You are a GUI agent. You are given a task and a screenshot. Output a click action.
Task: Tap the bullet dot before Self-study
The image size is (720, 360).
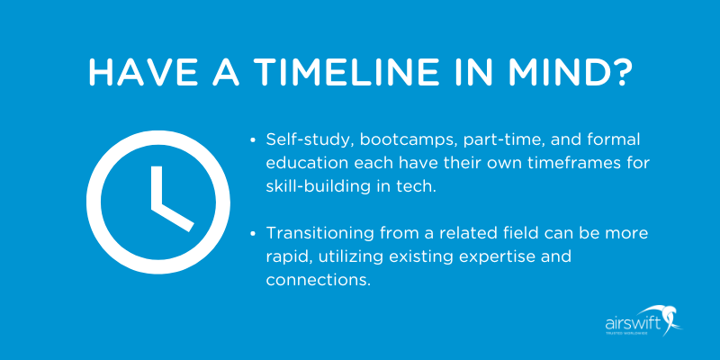pyautogui.click(x=254, y=141)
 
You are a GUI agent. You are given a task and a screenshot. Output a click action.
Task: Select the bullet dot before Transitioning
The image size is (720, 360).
pyautogui.click(x=254, y=233)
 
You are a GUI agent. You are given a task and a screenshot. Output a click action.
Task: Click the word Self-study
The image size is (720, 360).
pyautogui.click(x=306, y=140)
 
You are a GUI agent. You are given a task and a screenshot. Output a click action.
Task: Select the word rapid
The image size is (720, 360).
pyautogui.click(x=287, y=256)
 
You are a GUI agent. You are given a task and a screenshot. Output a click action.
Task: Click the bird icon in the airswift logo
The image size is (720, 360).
pyautogui.click(x=671, y=317)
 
